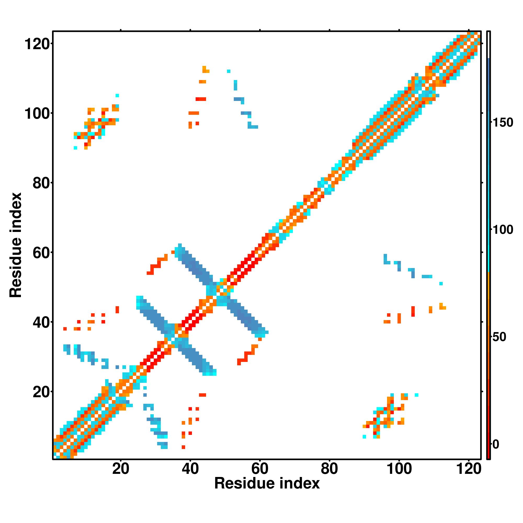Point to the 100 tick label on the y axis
point(38,113)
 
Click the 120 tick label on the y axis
point(38,44)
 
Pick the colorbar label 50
point(500,337)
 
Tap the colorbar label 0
point(496,444)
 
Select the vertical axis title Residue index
point(15,245)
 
